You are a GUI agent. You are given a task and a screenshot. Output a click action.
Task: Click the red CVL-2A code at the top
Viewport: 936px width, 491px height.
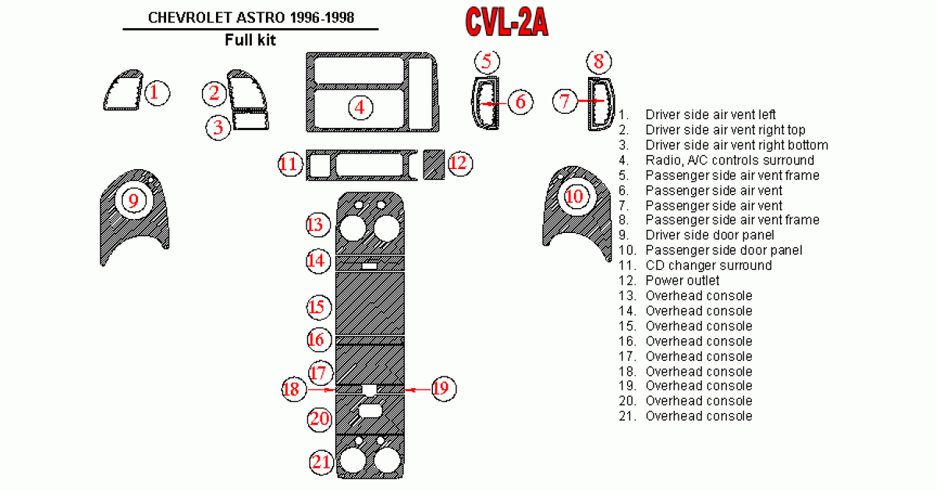click(x=507, y=23)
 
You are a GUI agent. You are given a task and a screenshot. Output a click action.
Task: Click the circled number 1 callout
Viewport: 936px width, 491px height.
click(x=155, y=94)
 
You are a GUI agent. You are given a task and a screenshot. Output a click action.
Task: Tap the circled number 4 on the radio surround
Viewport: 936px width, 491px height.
click(x=360, y=107)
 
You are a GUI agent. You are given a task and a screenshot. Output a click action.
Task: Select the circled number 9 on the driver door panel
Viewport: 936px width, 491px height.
click(x=133, y=201)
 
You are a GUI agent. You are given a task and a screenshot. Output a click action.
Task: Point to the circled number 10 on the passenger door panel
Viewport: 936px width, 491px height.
click(x=575, y=196)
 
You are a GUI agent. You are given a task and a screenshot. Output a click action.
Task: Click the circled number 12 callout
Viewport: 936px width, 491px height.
click(x=458, y=163)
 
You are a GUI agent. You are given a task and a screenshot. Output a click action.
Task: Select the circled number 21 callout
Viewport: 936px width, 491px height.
click(x=321, y=462)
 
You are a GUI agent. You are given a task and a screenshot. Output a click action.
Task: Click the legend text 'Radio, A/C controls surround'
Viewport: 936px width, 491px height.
click(x=729, y=161)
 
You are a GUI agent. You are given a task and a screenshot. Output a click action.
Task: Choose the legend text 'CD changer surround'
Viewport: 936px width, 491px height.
click(x=708, y=265)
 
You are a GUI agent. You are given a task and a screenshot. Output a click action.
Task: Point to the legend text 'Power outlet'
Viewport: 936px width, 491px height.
click(x=682, y=281)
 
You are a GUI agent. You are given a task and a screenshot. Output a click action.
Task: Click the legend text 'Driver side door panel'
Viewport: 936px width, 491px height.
click(x=710, y=235)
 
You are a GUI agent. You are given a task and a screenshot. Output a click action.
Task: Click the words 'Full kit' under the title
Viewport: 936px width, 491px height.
click(x=250, y=40)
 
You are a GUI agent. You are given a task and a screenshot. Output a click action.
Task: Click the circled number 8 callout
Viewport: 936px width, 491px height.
click(x=599, y=62)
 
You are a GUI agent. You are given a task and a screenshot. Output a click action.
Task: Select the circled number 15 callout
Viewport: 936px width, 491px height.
click(x=317, y=306)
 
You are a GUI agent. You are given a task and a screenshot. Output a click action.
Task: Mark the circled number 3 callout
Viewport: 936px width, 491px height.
click(x=219, y=127)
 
